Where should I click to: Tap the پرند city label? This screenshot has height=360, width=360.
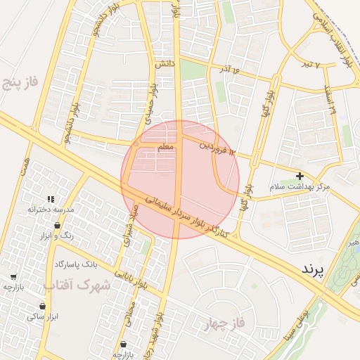pyautogui.click(x=315, y=269)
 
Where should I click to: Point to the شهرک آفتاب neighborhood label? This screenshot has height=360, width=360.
pyautogui.click(x=77, y=285)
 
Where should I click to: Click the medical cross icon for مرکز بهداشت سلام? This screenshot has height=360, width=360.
pyautogui.click(x=300, y=175)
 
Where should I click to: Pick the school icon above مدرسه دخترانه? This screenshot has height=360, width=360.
pyautogui.click(x=50, y=199)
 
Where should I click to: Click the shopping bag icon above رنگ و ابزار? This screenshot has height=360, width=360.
pyautogui.click(x=57, y=226)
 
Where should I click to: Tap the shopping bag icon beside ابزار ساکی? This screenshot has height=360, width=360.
pyautogui.click(x=44, y=306)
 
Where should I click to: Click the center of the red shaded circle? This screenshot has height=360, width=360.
pyautogui.click(x=180, y=180)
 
